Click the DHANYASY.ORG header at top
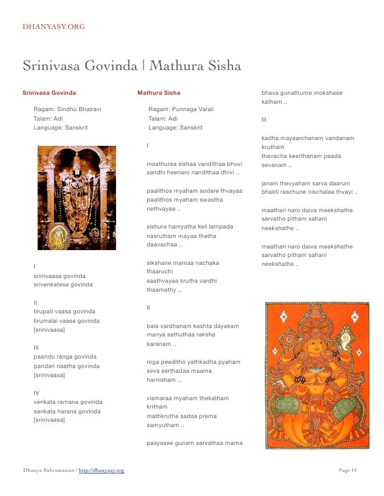[54, 26]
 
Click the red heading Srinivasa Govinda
[49, 93]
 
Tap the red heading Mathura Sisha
[159, 93]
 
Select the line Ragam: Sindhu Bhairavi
[67, 109]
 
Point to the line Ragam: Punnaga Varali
[181, 109]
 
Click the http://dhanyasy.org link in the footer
[101, 470]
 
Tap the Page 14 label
[347, 470]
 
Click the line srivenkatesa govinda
[63, 285]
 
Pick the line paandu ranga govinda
[65, 356]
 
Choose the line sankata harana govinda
[68, 411]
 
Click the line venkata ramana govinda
[68, 402]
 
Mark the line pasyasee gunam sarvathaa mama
[195, 443]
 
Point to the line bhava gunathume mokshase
[302, 93]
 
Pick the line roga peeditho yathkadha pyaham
[193, 362]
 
